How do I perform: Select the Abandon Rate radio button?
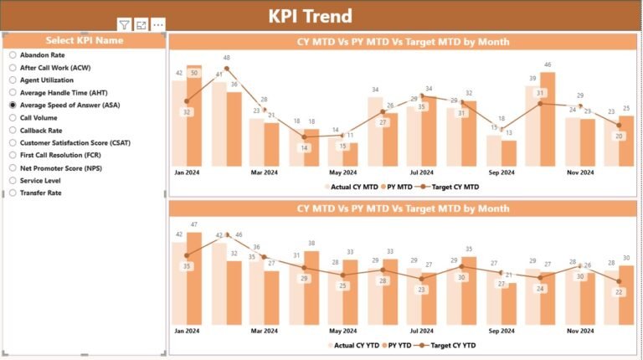pyautogui.click(x=13, y=54)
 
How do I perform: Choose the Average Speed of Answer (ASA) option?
pyautogui.click(x=13, y=105)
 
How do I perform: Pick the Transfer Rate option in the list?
pyautogui.click(x=13, y=193)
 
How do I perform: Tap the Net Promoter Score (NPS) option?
pyautogui.click(x=13, y=167)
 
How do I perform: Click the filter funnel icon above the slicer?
pyautogui.click(x=124, y=25)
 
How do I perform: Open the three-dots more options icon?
pyautogui.click(x=157, y=25)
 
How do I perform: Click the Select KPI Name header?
pyautogui.click(x=84, y=40)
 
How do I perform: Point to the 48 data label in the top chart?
pyautogui.click(x=226, y=58)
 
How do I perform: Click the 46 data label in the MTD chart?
pyautogui.click(x=548, y=64)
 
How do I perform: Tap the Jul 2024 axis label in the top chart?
pyautogui.click(x=421, y=172)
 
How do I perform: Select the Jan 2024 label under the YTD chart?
pyautogui.click(x=186, y=331)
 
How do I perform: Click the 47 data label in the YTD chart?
pyautogui.click(x=194, y=224)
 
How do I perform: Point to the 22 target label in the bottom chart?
pyautogui.click(x=618, y=291)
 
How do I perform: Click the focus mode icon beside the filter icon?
pyautogui.click(x=141, y=25)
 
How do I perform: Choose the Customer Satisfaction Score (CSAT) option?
pyautogui.click(x=13, y=142)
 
